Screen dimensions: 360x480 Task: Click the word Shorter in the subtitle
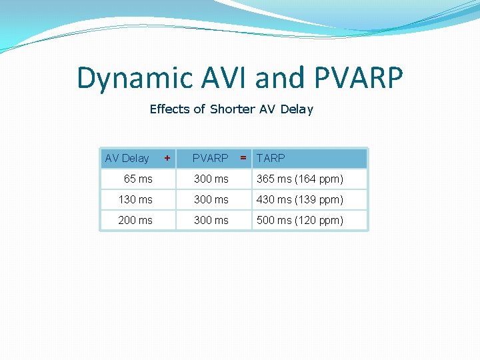pyautogui.click(x=232, y=109)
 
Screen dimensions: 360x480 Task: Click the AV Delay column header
pyautogui.click(x=127, y=158)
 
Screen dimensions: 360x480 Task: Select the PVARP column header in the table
pyautogui.click(x=210, y=158)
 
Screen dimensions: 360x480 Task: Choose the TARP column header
pyautogui.click(x=271, y=158)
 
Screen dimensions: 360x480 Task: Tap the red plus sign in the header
pyautogui.click(x=167, y=158)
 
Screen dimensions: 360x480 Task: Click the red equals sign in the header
pyautogui.click(x=243, y=158)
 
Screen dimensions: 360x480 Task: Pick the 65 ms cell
pyautogui.click(x=138, y=179)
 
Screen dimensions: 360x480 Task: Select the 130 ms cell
pyautogui.click(x=135, y=199)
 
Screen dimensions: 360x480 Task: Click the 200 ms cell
pyautogui.click(x=135, y=220)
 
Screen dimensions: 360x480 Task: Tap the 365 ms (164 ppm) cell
pyautogui.click(x=300, y=179)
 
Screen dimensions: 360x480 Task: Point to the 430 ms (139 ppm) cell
pyautogui.click(x=300, y=199)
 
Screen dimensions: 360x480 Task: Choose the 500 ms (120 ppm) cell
pyautogui.click(x=300, y=220)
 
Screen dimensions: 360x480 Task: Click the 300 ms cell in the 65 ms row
pyautogui.click(x=211, y=179)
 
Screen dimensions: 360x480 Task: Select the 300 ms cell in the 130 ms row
pyautogui.click(x=211, y=199)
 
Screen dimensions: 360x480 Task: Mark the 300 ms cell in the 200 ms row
pyautogui.click(x=211, y=220)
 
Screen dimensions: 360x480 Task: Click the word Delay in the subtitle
pyautogui.click(x=297, y=109)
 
